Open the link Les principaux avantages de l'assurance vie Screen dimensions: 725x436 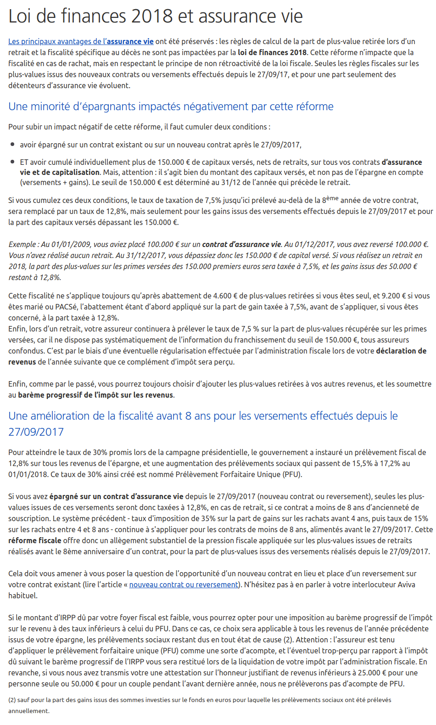tap(81, 41)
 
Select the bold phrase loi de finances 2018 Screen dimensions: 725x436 tap(272, 52)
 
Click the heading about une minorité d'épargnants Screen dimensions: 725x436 tap(171, 107)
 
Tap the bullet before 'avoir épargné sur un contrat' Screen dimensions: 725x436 tap(12, 145)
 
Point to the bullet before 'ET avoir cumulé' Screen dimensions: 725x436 tap(12, 162)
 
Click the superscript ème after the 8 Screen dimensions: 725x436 tap(332, 198)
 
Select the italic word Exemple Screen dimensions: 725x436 tap(22, 244)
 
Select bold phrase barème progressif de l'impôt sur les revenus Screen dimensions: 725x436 tap(95, 395)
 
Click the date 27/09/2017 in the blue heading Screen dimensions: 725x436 tap(36, 432)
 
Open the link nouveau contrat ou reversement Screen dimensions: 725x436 tap(184, 584)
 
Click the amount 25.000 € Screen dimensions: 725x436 tap(369, 673)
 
